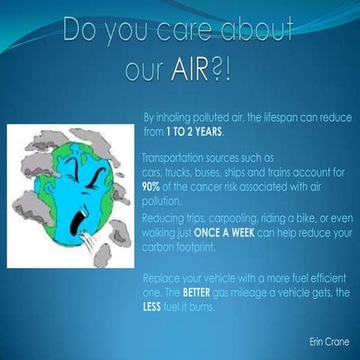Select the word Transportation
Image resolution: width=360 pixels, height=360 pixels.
(x=174, y=159)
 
